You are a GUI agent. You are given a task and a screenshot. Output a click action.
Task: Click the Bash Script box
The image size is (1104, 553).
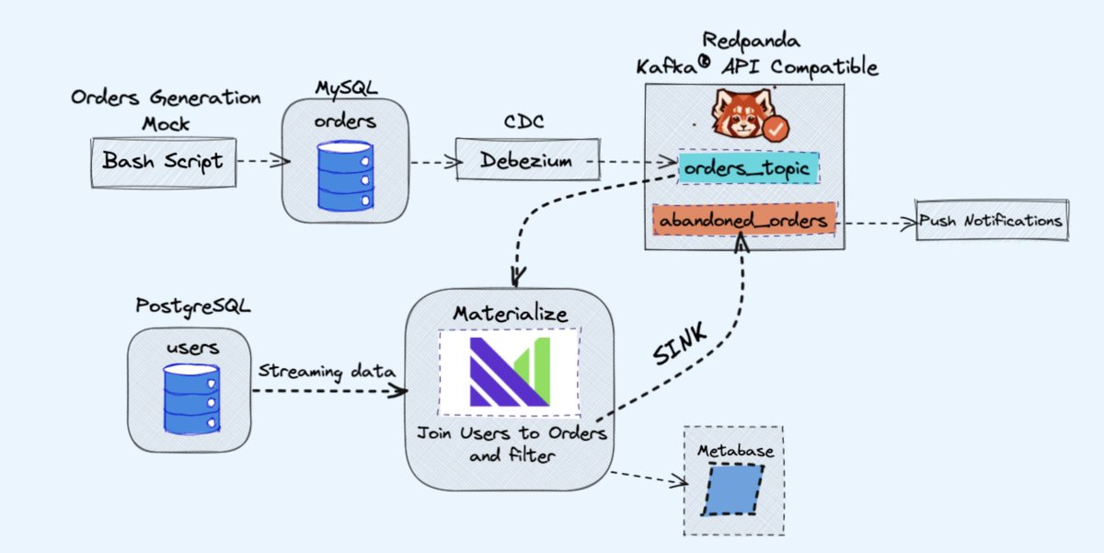coord(162,162)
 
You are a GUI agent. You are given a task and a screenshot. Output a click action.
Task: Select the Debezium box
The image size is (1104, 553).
coord(526,161)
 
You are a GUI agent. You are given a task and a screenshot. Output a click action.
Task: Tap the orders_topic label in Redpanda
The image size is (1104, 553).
coord(747,168)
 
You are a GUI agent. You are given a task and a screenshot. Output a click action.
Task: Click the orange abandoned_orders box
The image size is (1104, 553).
coord(742,221)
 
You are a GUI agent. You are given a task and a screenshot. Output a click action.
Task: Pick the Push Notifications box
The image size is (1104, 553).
coord(992,221)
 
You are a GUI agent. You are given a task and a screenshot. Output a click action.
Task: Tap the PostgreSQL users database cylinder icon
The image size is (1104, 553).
coord(191,397)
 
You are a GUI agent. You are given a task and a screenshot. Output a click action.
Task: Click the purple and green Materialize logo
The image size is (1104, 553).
coord(510,372)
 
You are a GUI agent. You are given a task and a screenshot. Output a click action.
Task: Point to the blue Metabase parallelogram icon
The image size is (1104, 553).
coord(733,488)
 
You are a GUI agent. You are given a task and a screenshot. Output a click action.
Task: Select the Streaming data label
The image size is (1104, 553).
coord(326,371)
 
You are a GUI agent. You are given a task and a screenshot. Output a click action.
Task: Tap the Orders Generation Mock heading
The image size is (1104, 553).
coord(166,109)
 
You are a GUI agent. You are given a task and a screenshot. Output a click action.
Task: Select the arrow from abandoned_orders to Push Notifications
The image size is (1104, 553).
coord(876,222)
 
